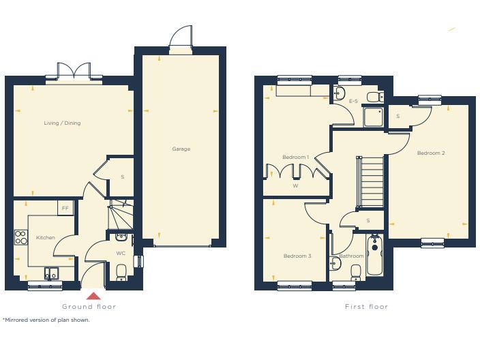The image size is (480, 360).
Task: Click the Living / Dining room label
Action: click(62, 123)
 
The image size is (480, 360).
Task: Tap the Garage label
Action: click(181, 149)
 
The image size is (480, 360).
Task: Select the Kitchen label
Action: click(46, 238)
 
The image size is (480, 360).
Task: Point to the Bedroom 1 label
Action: click(295, 157)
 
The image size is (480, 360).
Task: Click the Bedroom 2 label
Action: click(431, 153)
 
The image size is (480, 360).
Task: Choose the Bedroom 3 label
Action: click(297, 256)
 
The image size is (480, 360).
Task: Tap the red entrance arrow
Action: click(93, 295)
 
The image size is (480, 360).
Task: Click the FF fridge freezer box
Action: click(65, 207)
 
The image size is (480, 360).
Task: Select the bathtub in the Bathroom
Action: click(374, 256)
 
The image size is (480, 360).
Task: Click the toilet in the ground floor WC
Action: click(121, 273)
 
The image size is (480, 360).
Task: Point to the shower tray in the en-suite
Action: click(374, 117)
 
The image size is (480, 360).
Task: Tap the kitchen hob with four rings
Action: click(20, 238)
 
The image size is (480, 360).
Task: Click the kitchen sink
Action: click(52, 273)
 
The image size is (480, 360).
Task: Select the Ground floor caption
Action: click(89, 307)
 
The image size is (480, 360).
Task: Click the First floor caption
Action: click(366, 307)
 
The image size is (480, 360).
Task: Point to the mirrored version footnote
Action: click(46, 320)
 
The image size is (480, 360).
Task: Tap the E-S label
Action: click(353, 102)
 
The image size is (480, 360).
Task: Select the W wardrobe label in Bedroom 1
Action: click(295, 185)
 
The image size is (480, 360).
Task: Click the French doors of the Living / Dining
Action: click(74, 72)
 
